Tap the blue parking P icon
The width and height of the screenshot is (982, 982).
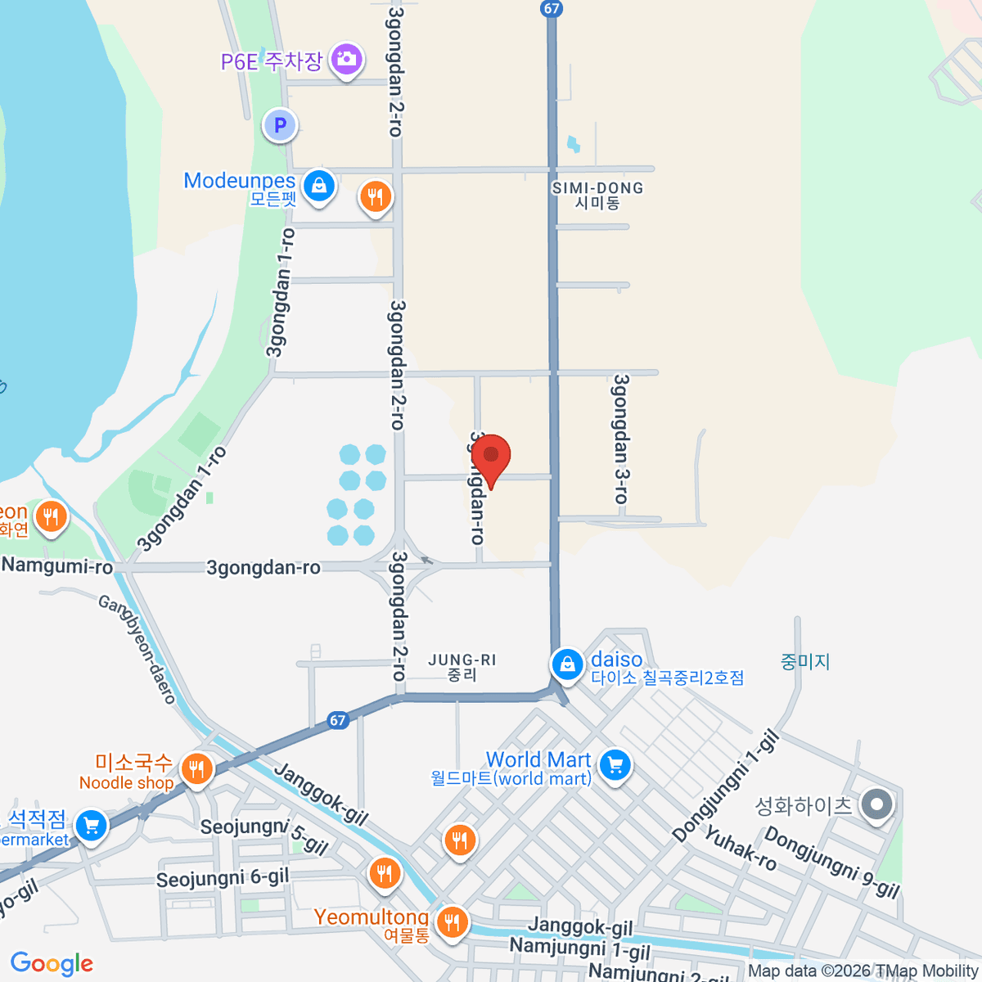[x=280, y=126]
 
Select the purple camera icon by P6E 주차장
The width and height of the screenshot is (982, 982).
[x=346, y=59]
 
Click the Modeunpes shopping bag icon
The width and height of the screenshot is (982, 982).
[x=318, y=186]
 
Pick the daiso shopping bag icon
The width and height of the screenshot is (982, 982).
[x=566, y=664]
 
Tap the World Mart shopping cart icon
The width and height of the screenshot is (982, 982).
[x=615, y=765]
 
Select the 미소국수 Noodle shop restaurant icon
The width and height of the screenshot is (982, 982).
[x=196, y=769]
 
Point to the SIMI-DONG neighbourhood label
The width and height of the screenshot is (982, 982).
[x=597, y=196]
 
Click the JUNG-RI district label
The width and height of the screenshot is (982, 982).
[x=462, y=667]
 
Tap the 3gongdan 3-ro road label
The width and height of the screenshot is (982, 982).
[x=622, y=439]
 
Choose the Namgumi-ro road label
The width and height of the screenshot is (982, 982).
[x=57, y=565]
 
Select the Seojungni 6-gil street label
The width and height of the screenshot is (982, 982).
[x=223, y=878]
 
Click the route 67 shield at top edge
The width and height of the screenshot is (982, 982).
[x=552, y=9]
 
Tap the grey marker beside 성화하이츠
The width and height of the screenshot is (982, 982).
[x=876, y=804]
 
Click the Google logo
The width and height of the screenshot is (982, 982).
[x=52, y=964]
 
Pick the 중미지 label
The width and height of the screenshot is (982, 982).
[x=805, y=661]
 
